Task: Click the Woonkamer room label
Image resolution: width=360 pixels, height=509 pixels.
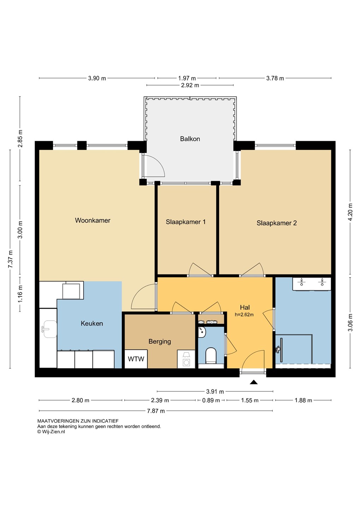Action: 93,220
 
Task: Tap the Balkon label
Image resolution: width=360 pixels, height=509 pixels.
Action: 190,139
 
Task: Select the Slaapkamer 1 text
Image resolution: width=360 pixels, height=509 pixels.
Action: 185,222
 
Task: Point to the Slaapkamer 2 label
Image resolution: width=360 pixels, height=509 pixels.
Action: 277,223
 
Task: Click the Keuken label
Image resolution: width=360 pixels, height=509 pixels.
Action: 92,323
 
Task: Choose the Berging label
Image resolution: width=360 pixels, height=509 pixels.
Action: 160,341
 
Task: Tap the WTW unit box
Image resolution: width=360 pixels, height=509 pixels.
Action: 136,359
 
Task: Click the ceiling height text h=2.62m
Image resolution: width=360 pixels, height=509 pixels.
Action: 244,315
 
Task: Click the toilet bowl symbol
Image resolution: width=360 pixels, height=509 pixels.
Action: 211,355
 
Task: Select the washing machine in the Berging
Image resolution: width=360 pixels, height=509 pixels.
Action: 186,359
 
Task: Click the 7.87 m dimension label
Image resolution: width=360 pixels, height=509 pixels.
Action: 156,411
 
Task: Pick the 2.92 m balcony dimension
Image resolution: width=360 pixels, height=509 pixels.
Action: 190,85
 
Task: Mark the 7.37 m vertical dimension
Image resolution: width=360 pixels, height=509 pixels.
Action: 10,259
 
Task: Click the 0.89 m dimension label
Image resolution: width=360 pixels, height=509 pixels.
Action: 211,400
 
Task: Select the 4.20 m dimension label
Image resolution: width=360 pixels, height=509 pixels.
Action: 350,212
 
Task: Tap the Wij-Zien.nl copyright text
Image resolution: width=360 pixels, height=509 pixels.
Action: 51,432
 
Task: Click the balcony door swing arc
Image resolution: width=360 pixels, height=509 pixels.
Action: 159,164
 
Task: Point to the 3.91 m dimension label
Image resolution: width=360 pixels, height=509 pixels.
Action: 215,392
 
